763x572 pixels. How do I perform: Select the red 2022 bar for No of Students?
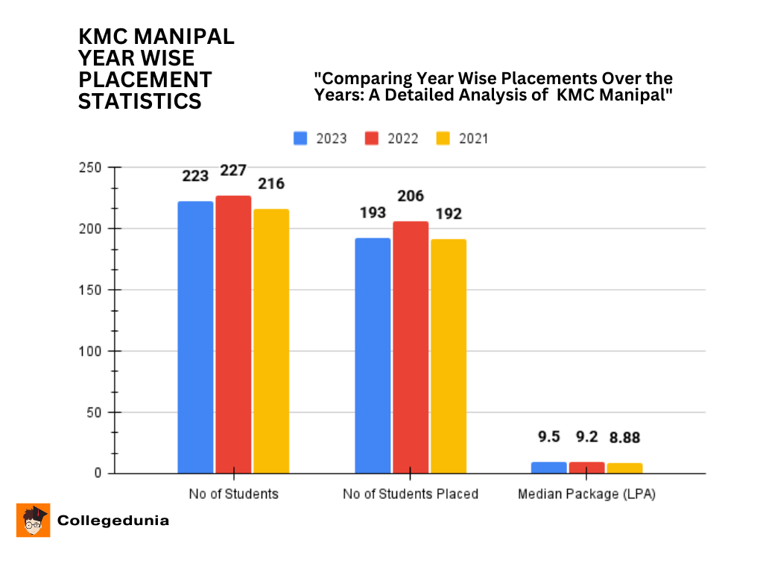coord(233,334)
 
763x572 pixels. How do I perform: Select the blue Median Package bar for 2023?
coord(548,468)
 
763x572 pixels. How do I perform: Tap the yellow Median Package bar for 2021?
coord(624,468)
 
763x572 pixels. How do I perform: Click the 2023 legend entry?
coord(320,139)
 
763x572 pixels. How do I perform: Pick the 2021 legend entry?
coord(462,139)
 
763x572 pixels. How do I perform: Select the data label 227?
coord(233,171)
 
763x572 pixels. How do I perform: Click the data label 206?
coord(411,196)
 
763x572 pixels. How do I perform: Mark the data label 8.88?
coord(624,437)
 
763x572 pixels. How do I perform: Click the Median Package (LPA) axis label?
coord(586,494)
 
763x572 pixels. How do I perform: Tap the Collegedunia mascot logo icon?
coord(33,521)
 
